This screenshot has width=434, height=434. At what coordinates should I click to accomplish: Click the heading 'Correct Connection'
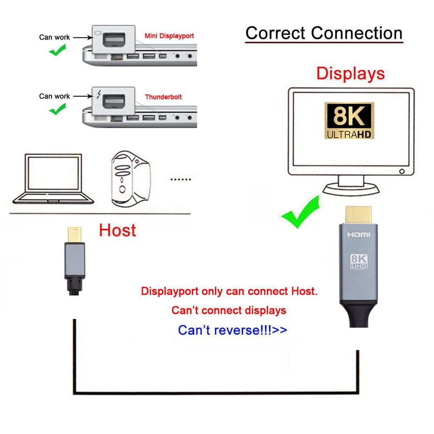click(324, 33)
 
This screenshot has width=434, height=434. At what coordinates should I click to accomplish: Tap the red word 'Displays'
click(350, 73)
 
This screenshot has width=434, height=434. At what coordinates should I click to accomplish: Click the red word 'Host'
click(117, 230)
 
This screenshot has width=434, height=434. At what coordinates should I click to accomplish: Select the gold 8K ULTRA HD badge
click(349, 121)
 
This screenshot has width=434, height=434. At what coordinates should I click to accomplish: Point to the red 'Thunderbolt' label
click(163, 97)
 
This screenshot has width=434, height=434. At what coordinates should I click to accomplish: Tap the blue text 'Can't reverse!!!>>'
click(233, 330)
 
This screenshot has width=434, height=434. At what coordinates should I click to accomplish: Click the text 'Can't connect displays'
click(229, 310)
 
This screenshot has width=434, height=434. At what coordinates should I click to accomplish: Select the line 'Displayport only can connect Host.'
click(229, 291)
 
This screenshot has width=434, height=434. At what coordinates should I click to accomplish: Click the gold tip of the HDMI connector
click(358, 214)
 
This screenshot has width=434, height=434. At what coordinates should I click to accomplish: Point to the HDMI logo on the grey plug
click(358, 235)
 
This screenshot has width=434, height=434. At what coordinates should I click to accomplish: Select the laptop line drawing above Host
click(53, 179)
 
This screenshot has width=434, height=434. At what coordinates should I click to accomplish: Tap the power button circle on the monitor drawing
click(402, 171)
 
